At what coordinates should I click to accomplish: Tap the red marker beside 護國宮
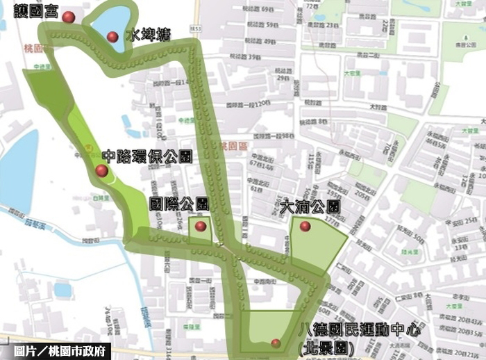tap(67, 17)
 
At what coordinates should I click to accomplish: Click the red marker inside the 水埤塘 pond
tap(112, 36)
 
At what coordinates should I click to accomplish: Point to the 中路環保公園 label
tap(146, 156)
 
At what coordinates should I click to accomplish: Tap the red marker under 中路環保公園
tap(101, 170)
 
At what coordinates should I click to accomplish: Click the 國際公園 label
tap(180, 204)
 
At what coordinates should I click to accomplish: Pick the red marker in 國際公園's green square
tap(201, 226)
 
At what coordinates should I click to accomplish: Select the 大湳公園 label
tap(310, 206)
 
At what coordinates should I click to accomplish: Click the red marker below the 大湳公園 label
tap(305, 226)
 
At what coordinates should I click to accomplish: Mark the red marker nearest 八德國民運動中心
tap(276, 343)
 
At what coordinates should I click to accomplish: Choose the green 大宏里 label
tap(353, 72)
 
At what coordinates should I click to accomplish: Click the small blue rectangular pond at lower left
tap(62, 289)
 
